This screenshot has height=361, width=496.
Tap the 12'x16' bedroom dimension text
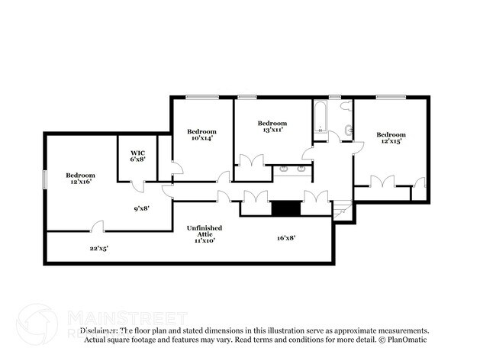coord(80,182)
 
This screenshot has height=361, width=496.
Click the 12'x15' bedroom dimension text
coord(390,141)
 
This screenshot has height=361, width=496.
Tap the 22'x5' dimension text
coord(99,248)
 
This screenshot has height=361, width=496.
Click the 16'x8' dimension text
coord(286,238)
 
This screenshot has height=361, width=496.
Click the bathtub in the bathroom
coord(320,118)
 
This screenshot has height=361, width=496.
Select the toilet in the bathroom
coord(349,131)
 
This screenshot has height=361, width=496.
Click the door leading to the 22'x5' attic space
coord(97,227)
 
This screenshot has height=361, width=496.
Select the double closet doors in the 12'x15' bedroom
coord(382,182)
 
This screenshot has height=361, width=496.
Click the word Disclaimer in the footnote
coord(99,331)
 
